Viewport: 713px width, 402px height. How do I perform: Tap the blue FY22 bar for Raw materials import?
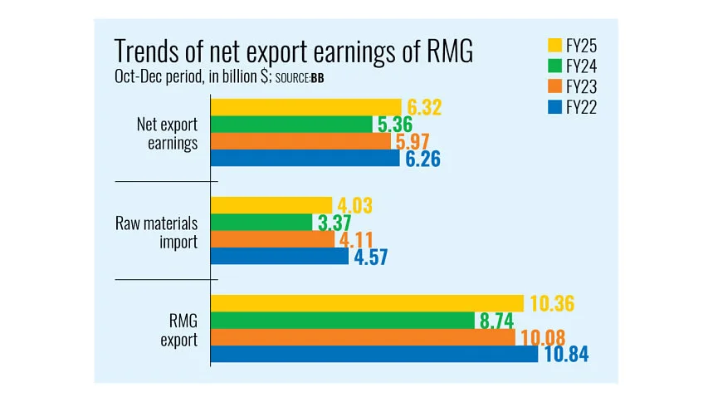coord(280,256)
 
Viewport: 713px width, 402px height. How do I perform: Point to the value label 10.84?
coord(568,355)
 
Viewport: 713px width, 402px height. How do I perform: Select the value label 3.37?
coord(332,222)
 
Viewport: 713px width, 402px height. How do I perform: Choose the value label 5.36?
coord(396,125)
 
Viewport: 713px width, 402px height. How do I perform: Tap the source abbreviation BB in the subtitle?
coord(318,79)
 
